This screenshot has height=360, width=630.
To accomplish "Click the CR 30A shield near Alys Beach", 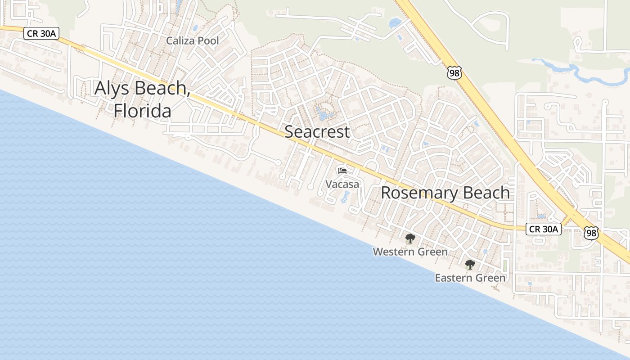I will click(x=41, y=33).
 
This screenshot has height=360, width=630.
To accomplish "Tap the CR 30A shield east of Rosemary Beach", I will click(x=544, y=229).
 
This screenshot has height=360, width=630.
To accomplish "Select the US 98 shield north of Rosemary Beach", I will click(x=454, y=72).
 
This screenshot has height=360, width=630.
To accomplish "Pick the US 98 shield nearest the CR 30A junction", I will click(x=591, y=232).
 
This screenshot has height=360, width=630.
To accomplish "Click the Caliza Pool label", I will click(x=193, y=41).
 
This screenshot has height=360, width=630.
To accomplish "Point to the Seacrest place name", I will click(x=317, y=132).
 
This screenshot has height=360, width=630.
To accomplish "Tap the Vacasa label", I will click(x=342, y=184).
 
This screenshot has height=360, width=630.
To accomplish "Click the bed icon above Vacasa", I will click(x=342, y=171).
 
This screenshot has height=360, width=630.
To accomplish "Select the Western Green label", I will click(x=410, y=252).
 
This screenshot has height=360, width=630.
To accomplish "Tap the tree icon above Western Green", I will click(x=410, y=238).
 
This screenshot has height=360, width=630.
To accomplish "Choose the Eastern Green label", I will click(x=470, y=278).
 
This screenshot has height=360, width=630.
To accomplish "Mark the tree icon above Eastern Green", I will click(x=470, y=265).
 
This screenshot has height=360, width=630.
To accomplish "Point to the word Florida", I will click(x=142, y=111).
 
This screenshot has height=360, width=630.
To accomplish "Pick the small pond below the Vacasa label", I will click(x=346, y=196).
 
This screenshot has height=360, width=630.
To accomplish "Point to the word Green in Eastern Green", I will click(x=491, y=278).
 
